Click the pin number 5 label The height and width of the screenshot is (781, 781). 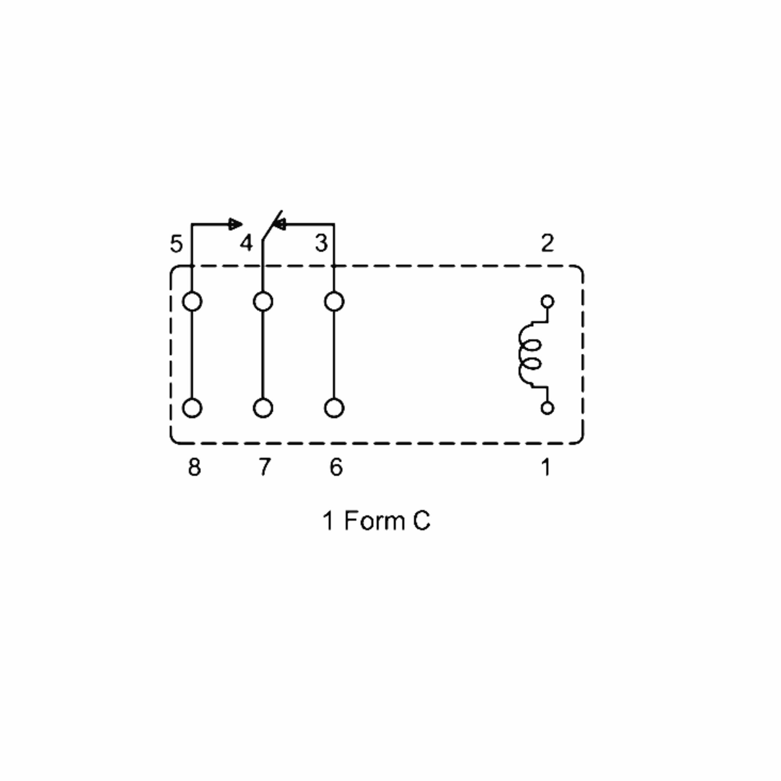tap(176, 244)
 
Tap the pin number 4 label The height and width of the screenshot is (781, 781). tap(246, 243)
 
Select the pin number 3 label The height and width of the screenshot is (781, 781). tap(322, 243)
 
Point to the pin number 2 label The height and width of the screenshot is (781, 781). tap(547, 243)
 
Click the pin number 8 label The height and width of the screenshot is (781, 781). tap(195, 467)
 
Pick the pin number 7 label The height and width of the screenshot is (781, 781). tap(265, 467)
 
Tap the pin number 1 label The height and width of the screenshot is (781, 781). tap(546, 467)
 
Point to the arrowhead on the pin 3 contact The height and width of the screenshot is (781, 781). tap(279, 224)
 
